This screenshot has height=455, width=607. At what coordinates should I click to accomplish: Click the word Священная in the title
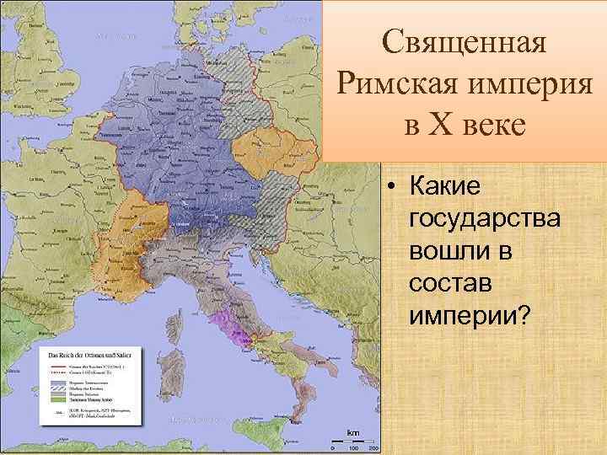point(465,40)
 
